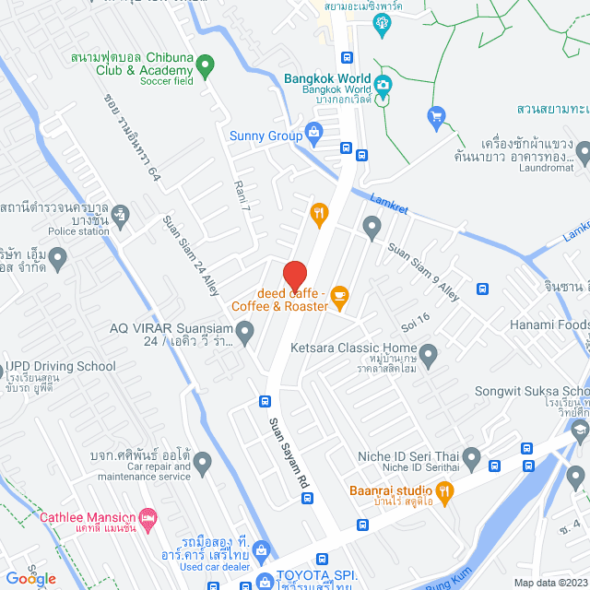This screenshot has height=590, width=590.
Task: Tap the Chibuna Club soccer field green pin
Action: (x=206, y=66)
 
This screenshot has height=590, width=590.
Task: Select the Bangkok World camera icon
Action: (x=383, y=85)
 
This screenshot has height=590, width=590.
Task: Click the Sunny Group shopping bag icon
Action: (x=314, y=133)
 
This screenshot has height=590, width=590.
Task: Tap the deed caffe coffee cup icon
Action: (x=339, y=296)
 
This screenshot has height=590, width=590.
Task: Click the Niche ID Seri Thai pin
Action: (x=471, y=456)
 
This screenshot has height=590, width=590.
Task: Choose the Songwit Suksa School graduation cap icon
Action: (x=580, y=429)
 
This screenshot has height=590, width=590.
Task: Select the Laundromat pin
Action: (x=584, y=151)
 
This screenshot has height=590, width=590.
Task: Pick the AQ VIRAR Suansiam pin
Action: (x=244, y=329)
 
